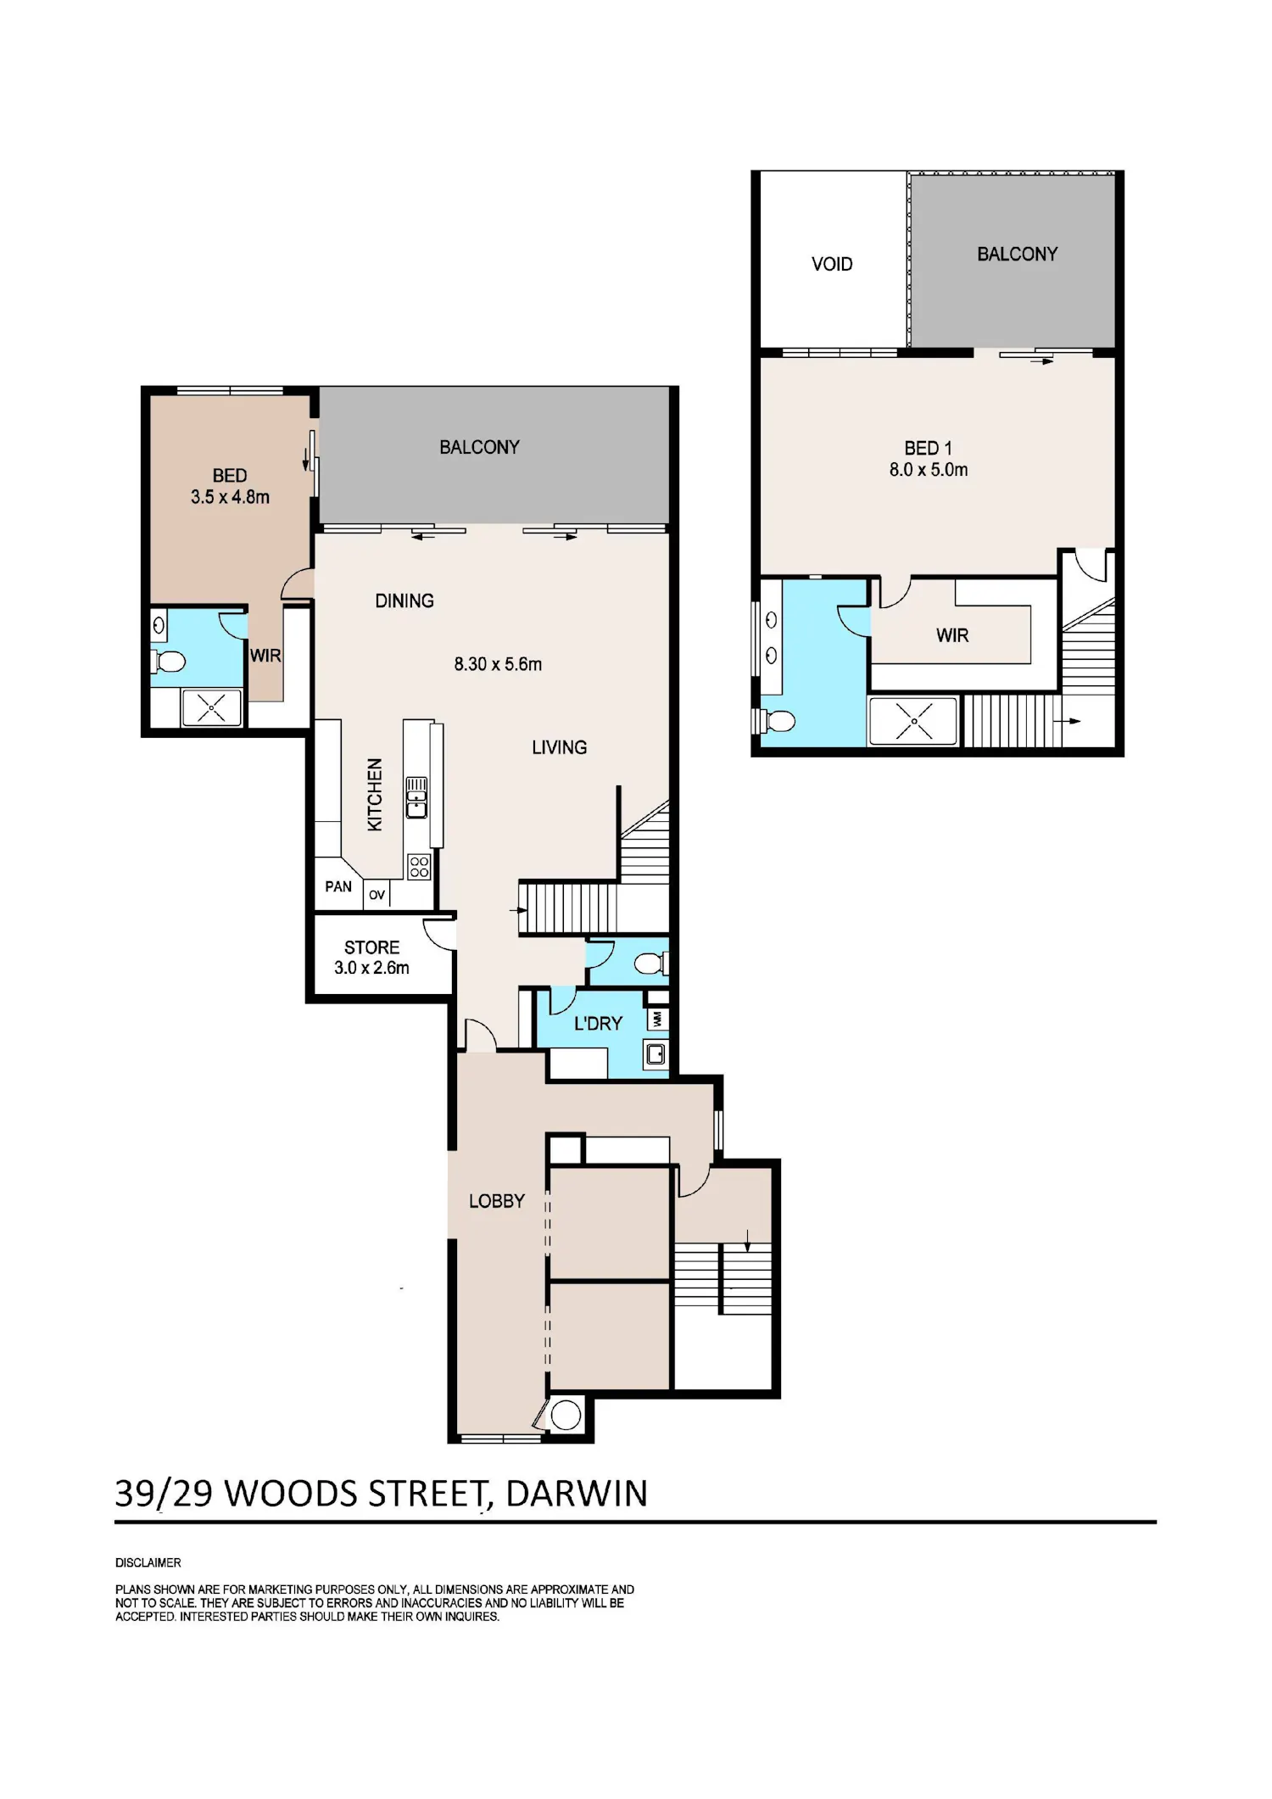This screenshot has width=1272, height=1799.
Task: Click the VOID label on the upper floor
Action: [x=832, y=264]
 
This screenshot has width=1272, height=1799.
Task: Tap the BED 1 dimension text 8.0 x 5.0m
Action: [x=929, y=470]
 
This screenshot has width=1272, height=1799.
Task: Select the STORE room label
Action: [x=371, y=947]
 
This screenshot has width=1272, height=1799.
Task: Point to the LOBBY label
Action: [x=497, y=1201]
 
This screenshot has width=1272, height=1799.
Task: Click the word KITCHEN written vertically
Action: [x=374, y=795]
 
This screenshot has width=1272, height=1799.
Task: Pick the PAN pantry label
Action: [x=338, y=886]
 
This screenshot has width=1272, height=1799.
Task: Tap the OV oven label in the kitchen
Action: [x=377, y=895]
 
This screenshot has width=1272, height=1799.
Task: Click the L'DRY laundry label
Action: [x=599, y=1024]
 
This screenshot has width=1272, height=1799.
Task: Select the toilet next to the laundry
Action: [x=651, y=964]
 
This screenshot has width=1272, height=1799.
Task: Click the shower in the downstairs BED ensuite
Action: [x=211, y=707]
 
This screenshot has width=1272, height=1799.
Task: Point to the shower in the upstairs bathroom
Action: [x=914, y=722]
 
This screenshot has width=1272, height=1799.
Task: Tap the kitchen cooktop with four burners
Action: [x=419, y=866]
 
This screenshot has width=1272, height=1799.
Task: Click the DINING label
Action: [x=404, y=601]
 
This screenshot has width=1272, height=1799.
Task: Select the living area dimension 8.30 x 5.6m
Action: [x=498, y=664]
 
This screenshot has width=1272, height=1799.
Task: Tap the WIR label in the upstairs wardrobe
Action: [x=952, y=635]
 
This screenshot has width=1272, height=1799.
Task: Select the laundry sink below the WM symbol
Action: [x=656, y=1054]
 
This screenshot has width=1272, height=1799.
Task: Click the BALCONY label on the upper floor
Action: [x=1018, y=254]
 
